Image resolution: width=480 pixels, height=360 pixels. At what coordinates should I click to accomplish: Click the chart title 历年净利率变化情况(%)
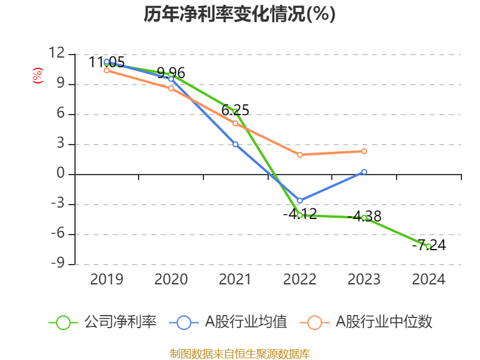(x=239, y=14)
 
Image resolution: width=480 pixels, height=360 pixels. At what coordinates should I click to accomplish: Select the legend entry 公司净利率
(x=120, y=322)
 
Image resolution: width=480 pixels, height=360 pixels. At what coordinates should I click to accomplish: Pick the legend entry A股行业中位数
(x=384, y=322)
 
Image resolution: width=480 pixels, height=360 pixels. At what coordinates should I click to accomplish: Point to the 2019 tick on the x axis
(x=106, y=280)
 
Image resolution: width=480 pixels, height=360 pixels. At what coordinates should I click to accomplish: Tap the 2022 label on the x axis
(x=299, y=280)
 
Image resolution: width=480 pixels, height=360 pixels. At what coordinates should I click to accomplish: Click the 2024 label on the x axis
(x=428, y=280)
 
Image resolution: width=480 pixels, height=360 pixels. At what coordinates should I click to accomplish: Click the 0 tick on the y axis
(x=61, y=175)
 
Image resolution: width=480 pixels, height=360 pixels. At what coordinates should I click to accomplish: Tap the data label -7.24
(x=428, y=245)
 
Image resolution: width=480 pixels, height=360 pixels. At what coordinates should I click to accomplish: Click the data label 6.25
(x=235, y=110)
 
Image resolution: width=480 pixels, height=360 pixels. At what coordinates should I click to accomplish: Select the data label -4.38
(x=364, y=216)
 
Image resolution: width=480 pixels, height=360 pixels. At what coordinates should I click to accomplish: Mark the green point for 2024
(x=428, y=247)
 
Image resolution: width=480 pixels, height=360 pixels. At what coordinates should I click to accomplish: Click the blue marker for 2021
(x=235, y=145)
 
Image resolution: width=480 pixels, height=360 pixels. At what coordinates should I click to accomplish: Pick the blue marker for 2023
(x=364, y=172)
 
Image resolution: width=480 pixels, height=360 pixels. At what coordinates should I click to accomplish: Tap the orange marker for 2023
(x=364, y=151)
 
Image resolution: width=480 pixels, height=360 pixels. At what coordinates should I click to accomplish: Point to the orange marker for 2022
(x=299, y=155)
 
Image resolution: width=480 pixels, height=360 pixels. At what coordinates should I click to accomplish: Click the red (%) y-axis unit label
(x=37, y=75)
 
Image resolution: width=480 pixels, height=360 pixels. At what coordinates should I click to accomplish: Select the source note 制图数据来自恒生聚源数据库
(x=239, y=353)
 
